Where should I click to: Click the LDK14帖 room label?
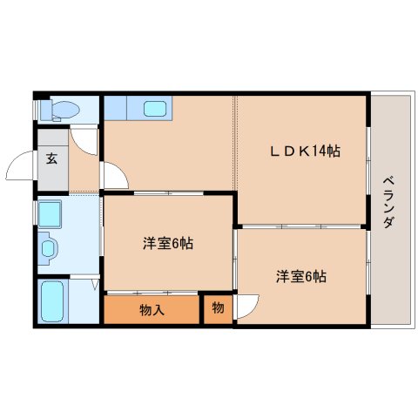305,152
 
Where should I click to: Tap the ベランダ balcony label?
388,202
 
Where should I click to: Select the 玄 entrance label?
51,158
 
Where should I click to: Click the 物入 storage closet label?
152,310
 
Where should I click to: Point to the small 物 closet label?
218,307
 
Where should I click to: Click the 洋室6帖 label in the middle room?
168,243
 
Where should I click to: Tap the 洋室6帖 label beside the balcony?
301,277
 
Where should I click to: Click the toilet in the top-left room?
60,111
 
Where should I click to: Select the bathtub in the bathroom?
52,301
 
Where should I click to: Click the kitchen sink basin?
155,109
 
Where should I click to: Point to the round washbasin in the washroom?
49,248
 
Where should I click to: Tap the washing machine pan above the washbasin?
50,214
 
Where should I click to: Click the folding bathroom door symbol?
95,285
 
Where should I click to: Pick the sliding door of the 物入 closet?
152,292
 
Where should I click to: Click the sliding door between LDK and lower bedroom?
301,226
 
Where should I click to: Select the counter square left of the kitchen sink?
115,108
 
